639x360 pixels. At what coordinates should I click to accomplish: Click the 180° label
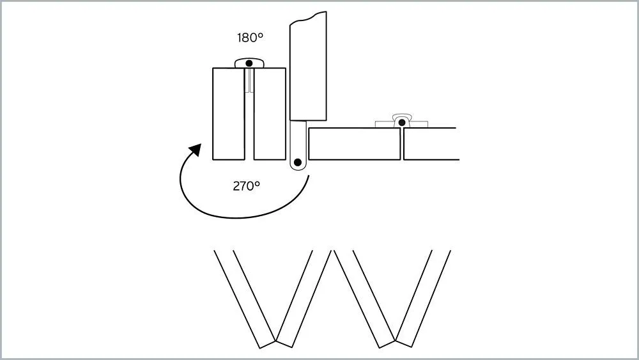pyautogui.click(x=250, y=38)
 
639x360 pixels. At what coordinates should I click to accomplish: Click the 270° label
pyautogui.click(x=246, y=186)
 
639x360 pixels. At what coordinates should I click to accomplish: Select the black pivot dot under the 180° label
pyautogui.click(x=249, y=63)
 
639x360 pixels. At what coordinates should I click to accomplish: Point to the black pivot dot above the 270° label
pyautogui.click(x=298, y=162)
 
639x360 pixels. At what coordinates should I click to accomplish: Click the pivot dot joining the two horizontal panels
pyautogui.click(x=401, y=121)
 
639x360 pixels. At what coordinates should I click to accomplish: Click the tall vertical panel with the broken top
pyautogui.click(x=309, y=70)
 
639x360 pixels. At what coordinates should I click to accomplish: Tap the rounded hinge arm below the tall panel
pyautogui.click(x=298, y=147)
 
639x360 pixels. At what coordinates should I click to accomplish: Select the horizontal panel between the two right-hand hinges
pyautogui.click(x=354, y=144)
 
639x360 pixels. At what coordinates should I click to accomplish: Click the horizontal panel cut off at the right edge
pyautogui.click(x=431, y=144)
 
